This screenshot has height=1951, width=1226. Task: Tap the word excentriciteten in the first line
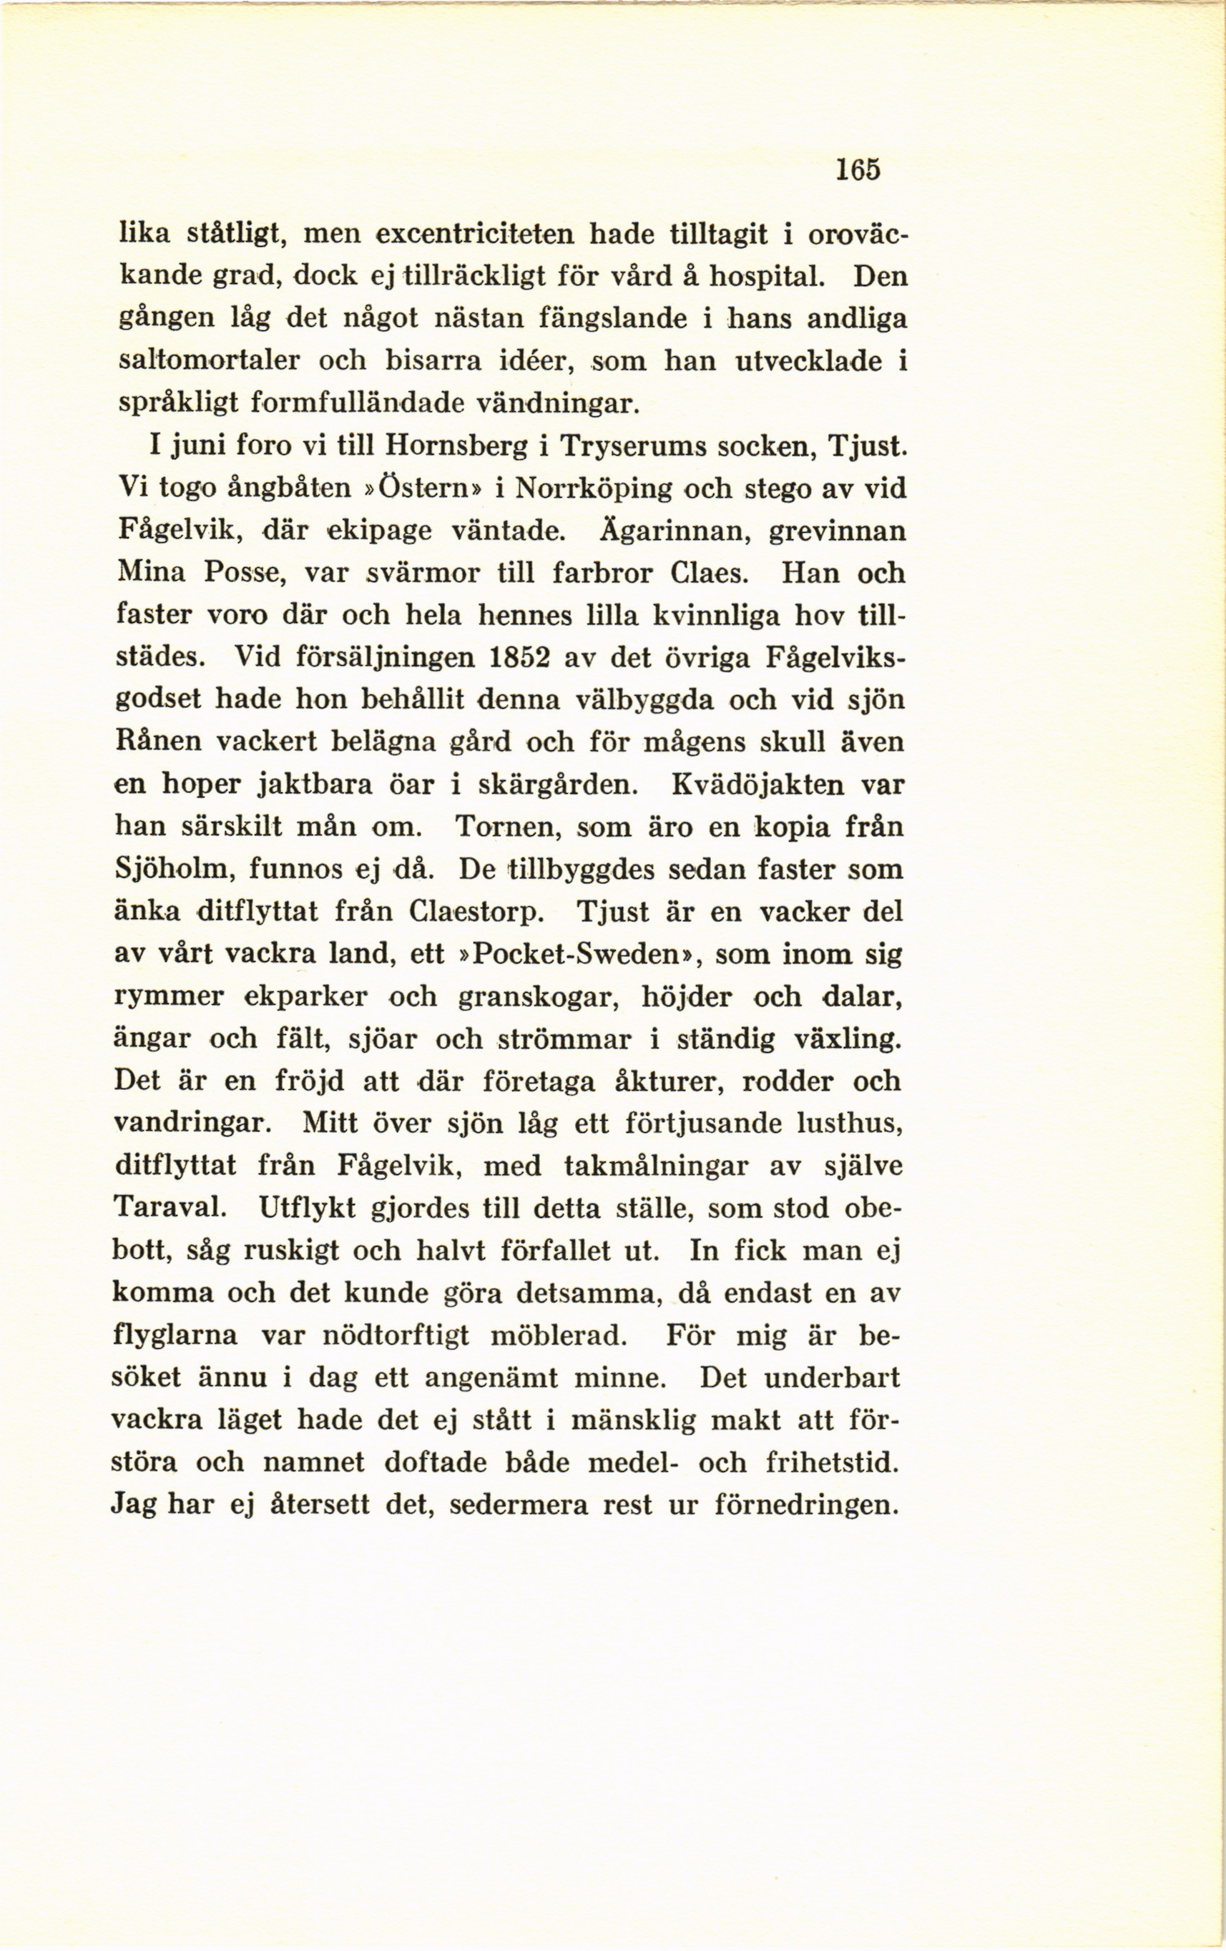coord(476,235)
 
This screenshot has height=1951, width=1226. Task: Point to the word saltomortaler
coord(209,361)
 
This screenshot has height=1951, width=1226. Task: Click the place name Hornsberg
coord(455,446)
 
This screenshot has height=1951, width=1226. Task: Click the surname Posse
coord(242,573)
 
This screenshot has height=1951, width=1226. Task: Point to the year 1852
coord(520,657)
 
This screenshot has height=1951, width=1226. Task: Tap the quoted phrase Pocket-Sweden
coord(575,953)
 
